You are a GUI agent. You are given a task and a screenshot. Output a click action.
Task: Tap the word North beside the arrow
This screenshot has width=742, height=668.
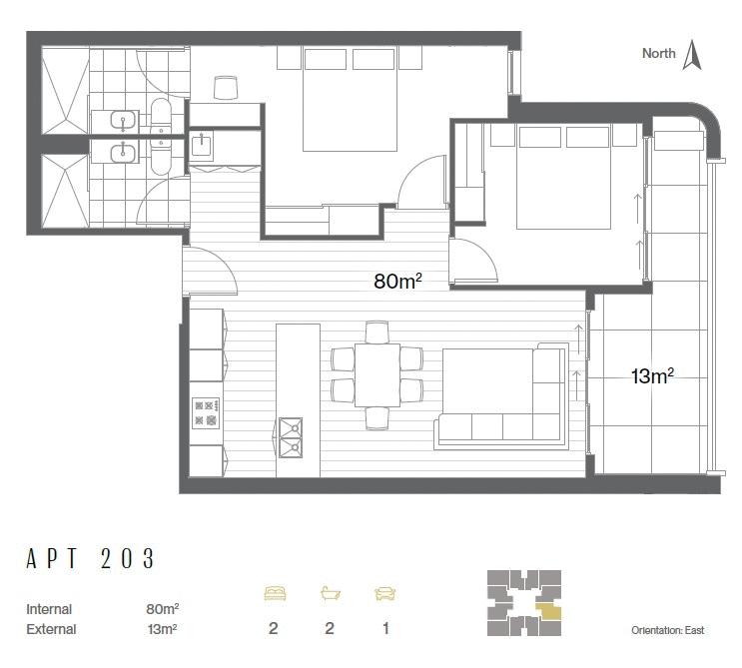pos(658,54)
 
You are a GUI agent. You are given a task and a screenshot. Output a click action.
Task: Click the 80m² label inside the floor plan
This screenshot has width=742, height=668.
pos(397,282)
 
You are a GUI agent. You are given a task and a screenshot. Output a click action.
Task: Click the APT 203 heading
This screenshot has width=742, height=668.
pos(91,559)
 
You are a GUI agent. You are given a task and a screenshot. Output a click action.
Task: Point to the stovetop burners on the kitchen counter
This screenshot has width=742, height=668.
pos(205,412)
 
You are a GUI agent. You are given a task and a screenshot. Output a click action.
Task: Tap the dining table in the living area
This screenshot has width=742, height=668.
pos(376,374)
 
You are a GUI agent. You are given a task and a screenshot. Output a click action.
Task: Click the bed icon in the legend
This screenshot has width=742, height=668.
pos(274,593)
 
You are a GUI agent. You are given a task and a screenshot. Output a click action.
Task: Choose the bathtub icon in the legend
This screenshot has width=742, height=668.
pos(330,593)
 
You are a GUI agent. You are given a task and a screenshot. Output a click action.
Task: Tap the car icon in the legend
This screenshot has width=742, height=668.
pos(384,593)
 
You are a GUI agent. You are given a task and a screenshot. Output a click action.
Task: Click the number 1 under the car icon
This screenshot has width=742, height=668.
pos(384,628)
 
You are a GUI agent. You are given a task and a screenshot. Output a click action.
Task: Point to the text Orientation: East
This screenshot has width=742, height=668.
pos(668,631)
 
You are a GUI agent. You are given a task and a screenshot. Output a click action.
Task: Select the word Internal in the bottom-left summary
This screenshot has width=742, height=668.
pos(49,608)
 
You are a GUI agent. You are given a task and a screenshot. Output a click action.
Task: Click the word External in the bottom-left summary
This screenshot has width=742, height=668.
pos(51,629)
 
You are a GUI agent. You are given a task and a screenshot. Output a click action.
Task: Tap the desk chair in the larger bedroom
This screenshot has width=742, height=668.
pos(226,89)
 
